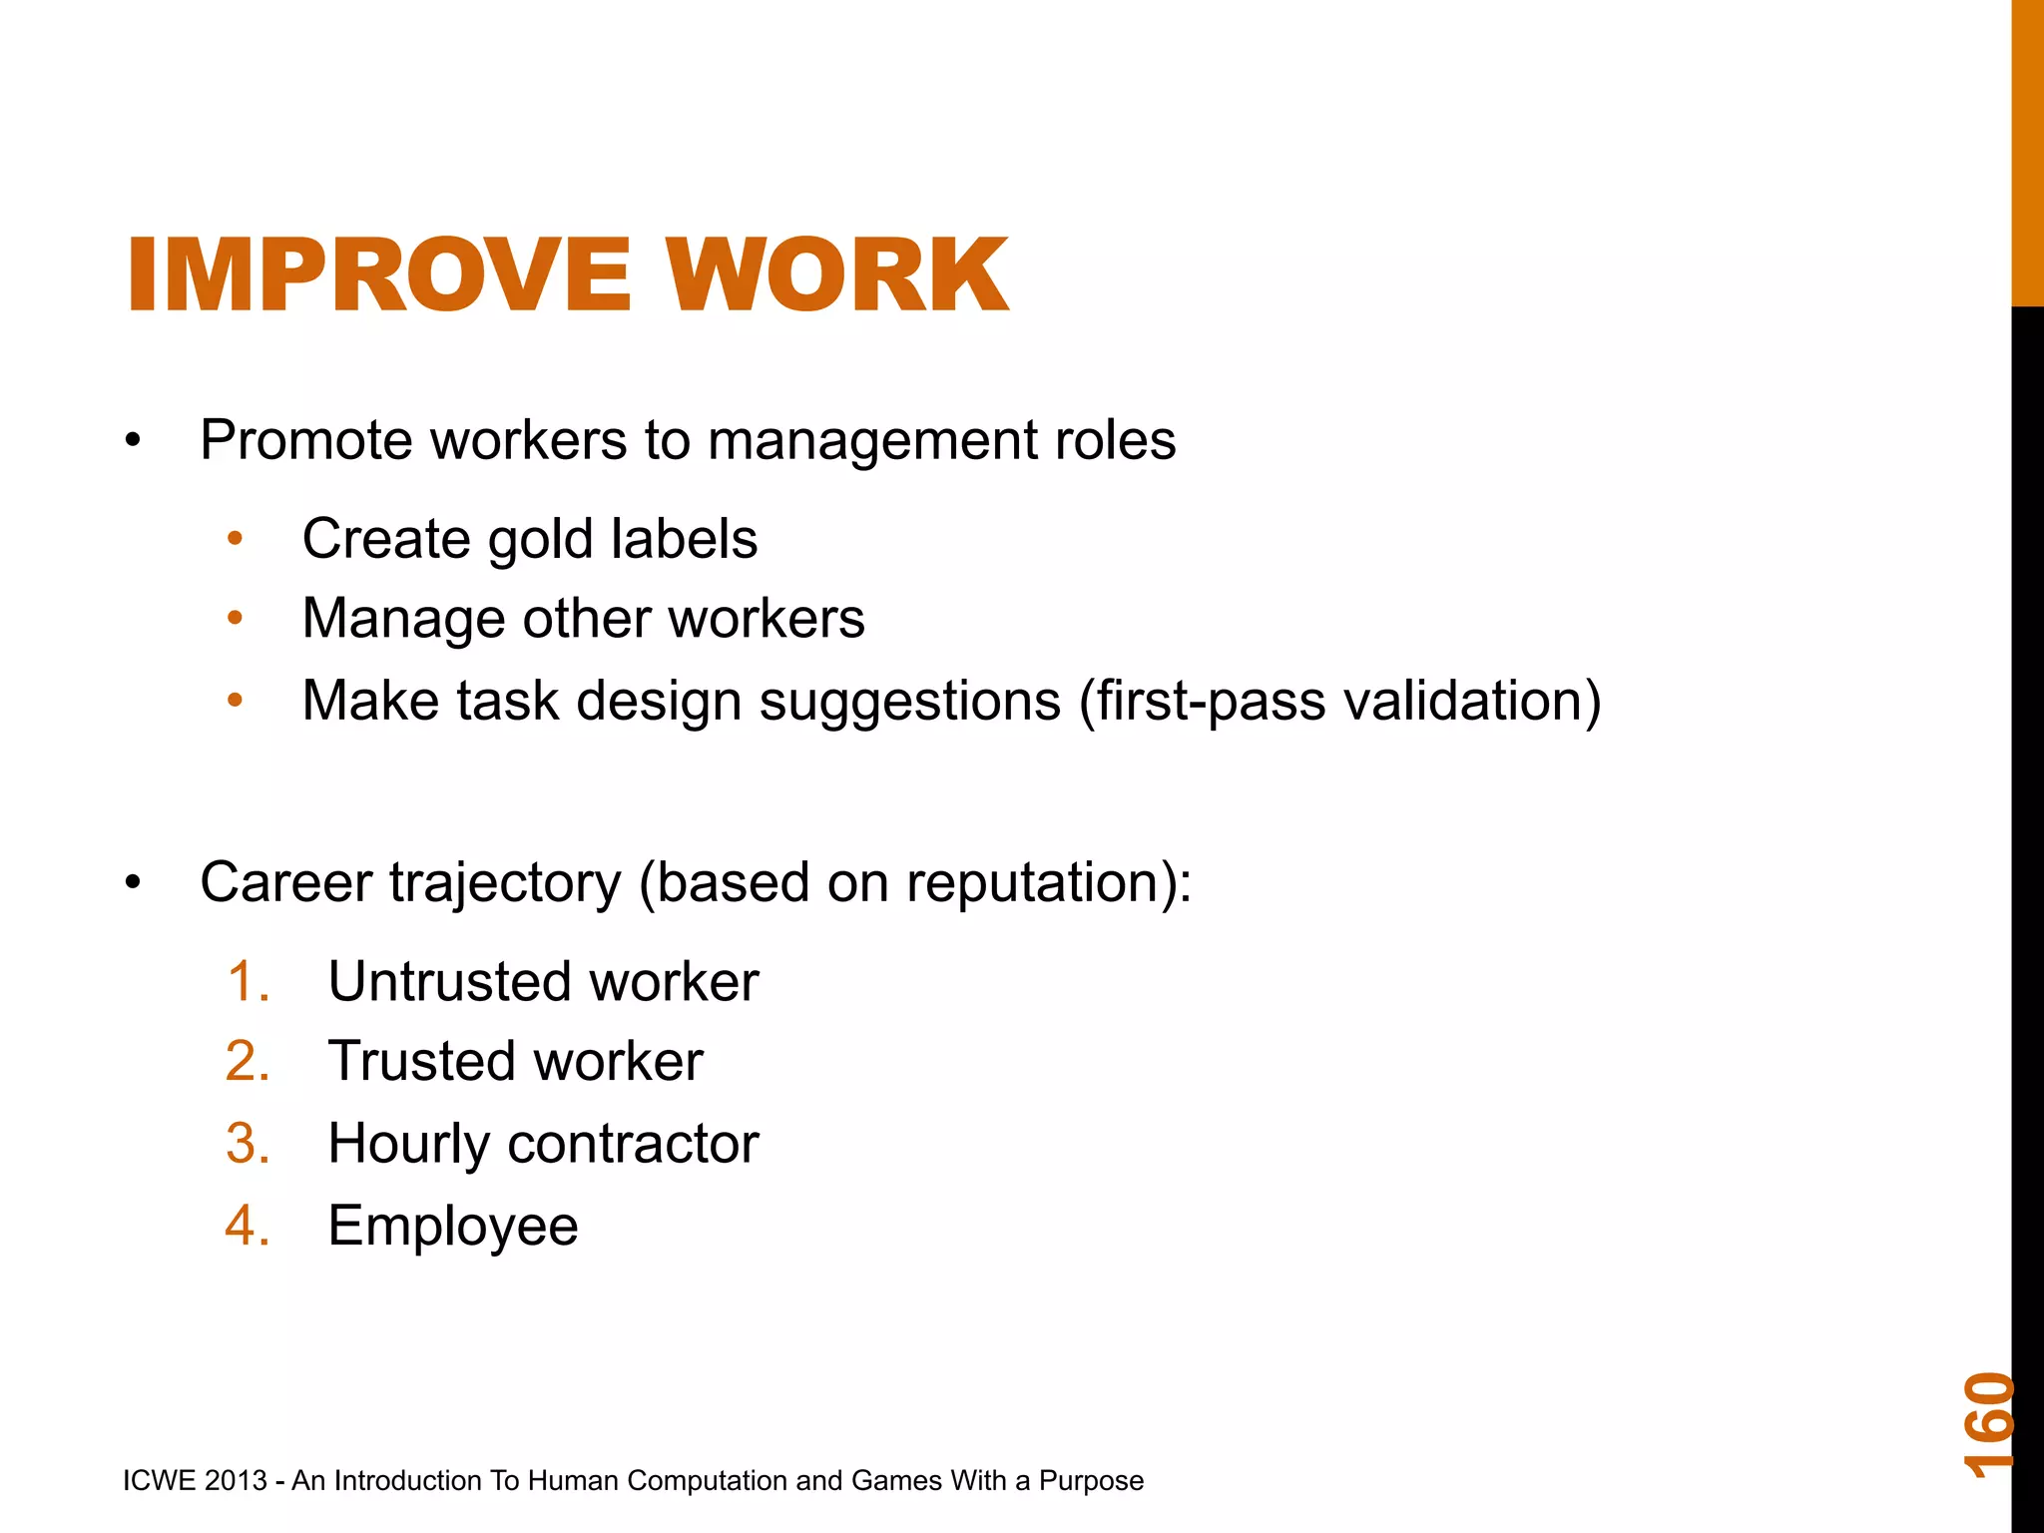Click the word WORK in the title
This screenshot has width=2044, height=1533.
point(838,275)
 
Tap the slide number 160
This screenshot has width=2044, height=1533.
point(1989,1424)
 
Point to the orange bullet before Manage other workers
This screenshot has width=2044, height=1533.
point(236,619)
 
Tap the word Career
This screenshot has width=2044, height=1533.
point(286,882)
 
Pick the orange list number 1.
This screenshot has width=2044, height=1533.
point(248,981)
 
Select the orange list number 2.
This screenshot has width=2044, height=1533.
point(248,1061)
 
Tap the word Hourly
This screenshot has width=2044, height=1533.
point(408,1144)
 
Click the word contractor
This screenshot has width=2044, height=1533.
point(633,1144)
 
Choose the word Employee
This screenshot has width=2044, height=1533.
point(453,1227)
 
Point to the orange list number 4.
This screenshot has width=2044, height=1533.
point(248,1226)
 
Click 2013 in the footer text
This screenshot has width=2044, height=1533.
point(236,1480)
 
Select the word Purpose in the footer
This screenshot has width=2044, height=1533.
point(1091,1480)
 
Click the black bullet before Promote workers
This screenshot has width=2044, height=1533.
point(134,441)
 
